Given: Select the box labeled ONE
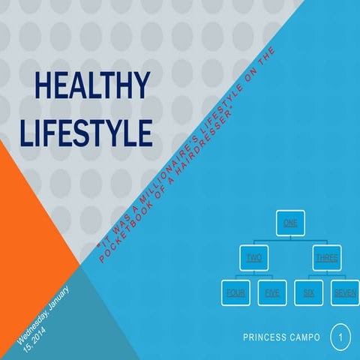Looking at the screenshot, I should (289, 223).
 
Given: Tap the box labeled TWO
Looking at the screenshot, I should (253, 258).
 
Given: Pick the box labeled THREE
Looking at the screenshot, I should (326, 258).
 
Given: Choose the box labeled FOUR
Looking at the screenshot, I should (236, 293).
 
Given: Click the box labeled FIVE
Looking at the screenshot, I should (272, 293).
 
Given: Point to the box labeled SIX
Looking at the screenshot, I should (308, 293).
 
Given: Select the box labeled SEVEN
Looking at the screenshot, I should (345, 293).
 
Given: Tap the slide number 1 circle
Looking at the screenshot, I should (340, 338).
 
